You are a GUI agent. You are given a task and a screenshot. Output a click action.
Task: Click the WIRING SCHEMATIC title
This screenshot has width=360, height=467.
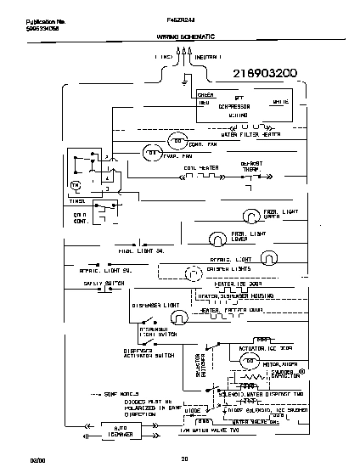[x=185, y=38]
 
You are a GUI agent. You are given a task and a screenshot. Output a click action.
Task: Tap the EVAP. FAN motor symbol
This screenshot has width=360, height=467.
[x=149, y=153]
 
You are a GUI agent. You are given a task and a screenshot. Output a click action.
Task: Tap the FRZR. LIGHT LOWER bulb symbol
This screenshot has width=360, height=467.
[x=215, y=236]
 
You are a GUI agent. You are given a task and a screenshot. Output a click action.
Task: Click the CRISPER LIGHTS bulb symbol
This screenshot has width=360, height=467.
[x=194, y=272]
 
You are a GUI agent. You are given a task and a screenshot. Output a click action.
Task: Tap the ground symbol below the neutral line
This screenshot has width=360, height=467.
[x=186, y=82]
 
